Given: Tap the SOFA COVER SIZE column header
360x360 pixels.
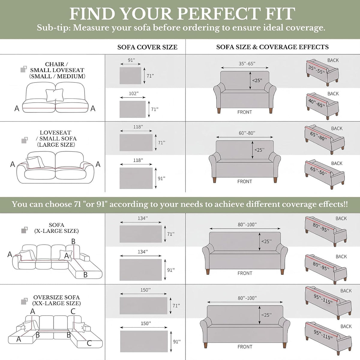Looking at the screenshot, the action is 147,47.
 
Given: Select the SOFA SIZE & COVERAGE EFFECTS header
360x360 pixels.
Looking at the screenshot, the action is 272,47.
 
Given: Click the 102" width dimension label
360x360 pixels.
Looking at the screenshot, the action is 133,93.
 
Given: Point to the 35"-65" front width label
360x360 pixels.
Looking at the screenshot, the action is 247,64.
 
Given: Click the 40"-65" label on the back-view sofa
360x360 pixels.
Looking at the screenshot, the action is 317,103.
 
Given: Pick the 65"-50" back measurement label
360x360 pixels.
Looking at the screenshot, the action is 319,171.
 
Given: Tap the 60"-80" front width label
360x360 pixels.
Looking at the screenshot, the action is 247,133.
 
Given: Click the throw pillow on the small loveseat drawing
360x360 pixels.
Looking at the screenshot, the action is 55,95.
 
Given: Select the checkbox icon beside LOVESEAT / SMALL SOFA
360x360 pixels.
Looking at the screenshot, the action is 25,140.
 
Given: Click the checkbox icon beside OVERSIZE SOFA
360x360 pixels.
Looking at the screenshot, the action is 25,301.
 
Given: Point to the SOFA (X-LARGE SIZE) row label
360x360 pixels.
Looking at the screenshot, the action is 56,228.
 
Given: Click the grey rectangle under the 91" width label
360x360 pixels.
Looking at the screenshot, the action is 130,76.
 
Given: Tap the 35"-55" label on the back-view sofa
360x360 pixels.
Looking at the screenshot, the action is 317,70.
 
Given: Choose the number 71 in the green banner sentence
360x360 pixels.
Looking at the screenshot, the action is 76,204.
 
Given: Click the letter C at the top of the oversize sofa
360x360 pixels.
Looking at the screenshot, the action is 73,311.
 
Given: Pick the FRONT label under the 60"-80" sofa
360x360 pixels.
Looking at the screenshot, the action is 244,181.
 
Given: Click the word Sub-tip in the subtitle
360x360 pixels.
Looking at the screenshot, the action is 53,28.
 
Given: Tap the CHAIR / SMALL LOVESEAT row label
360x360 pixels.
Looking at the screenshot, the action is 57,70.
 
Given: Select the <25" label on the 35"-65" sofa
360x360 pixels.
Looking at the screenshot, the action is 257,80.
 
